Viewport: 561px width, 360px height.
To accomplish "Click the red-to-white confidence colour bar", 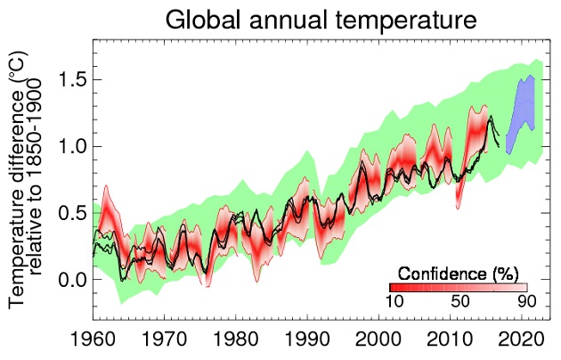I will tap(458, 287).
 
